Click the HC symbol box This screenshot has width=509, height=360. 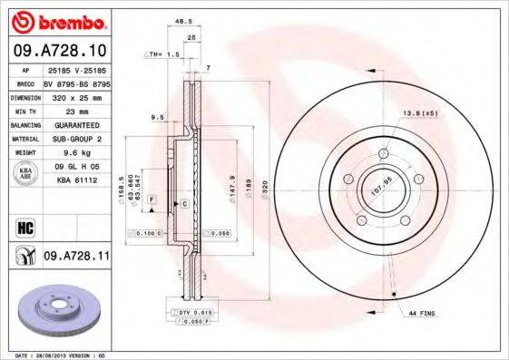[x=24, y=224]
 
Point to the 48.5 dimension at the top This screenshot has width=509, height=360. [x=190, y=21]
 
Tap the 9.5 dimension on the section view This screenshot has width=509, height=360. [x=156, y=117]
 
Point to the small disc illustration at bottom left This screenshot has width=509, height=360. [x=59, y=309]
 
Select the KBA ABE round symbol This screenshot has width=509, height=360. [x=24, y=173]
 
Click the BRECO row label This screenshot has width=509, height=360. [x=24, y=81]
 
